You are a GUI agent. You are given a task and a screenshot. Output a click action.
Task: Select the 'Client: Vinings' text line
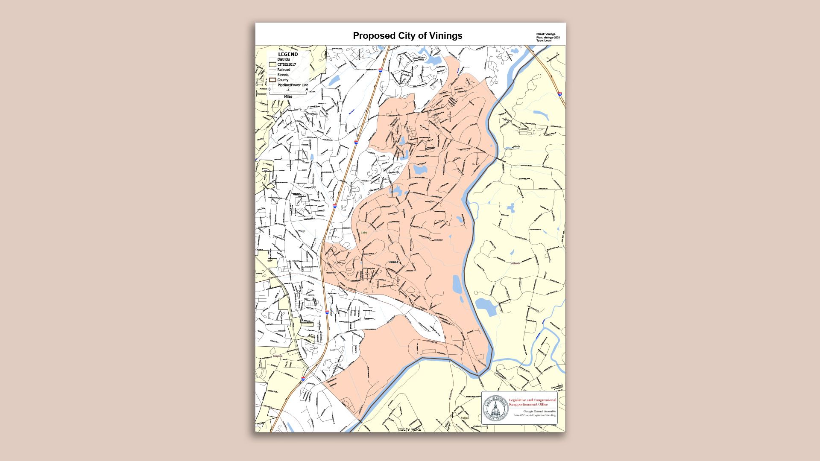(x=546, y=34)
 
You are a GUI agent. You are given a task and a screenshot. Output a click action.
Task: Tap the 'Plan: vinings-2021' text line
(x=548, y=38)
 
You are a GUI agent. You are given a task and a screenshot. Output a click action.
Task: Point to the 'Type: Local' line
(x=544, y=41)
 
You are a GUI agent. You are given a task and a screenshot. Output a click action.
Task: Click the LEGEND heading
(x=288, y=55)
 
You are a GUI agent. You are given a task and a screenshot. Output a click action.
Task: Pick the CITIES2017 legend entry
(x=287, y=64)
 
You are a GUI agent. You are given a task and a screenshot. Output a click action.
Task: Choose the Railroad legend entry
(x=284, y=70)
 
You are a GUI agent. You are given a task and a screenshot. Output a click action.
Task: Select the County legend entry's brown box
(x=272, y=80)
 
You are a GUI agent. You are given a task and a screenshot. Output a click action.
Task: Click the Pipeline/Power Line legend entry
(x=293, y=85)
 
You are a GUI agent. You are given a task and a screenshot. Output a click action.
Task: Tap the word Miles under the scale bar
(x=288, y=96)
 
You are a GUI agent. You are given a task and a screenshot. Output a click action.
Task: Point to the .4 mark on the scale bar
(x=306, y=90)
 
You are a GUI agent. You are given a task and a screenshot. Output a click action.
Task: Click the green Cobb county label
(x=364, y=233)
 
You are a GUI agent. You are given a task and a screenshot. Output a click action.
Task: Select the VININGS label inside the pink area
(x=393, y=262)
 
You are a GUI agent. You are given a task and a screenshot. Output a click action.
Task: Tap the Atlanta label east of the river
(x=515, y=263)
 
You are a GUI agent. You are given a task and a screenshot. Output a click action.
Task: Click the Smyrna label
(x=277, y=356)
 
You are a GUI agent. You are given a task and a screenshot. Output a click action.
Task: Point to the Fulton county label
(x=464, y=418)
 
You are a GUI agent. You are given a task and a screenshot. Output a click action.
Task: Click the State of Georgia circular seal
(x=495, y=408)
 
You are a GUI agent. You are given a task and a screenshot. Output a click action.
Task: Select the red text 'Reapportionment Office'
(x=528, y=404)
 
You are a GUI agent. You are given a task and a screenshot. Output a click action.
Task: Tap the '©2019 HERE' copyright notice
(x=410, y=429)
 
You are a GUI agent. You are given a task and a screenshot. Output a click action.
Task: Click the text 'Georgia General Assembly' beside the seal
(x=539, y=411)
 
